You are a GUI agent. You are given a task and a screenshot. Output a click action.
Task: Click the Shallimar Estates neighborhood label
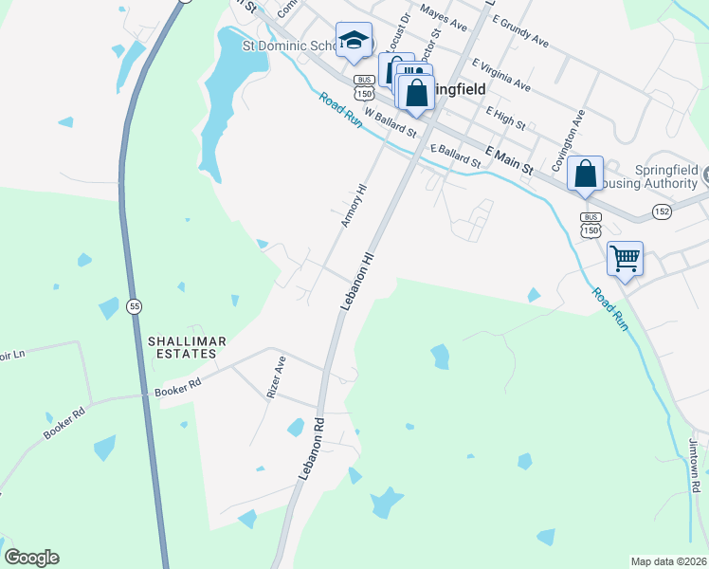180,346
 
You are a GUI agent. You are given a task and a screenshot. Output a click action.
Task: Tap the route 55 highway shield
135,305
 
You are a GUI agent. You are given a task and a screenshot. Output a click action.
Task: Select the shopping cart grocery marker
626,259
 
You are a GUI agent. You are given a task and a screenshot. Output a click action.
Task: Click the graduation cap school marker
354,41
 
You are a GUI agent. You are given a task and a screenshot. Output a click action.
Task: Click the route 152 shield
662,211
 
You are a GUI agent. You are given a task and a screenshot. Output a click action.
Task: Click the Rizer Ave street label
275,376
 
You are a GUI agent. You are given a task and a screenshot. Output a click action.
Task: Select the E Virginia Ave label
500,74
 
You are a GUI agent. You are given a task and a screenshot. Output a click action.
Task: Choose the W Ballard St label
390,123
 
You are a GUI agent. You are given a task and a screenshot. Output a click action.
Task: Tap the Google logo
31,558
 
